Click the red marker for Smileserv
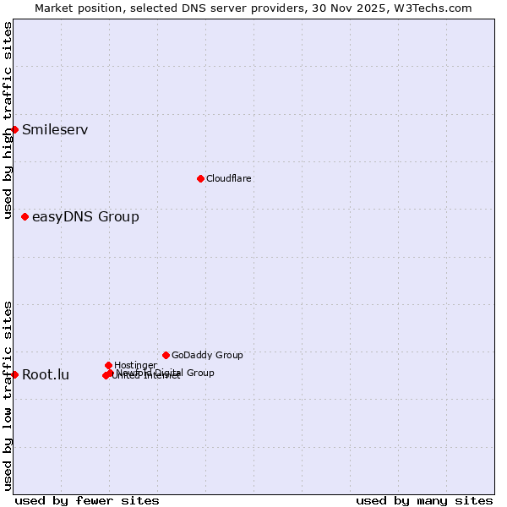point(14,129)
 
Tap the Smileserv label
point(55,130)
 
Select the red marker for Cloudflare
point(200,178)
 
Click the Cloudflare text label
point(229,178)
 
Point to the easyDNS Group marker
point(25,217)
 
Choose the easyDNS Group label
point(85,217)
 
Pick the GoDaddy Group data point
point(166,355)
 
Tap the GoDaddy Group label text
point(207,355)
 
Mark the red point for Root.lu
point(14,374)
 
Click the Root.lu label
point(46,375)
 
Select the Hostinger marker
point(108,365)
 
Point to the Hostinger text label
point(135,365)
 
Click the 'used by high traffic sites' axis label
point(8,121)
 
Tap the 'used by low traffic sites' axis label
point(8,395)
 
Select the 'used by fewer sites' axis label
point(87,500)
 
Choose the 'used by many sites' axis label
point(424,500)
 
